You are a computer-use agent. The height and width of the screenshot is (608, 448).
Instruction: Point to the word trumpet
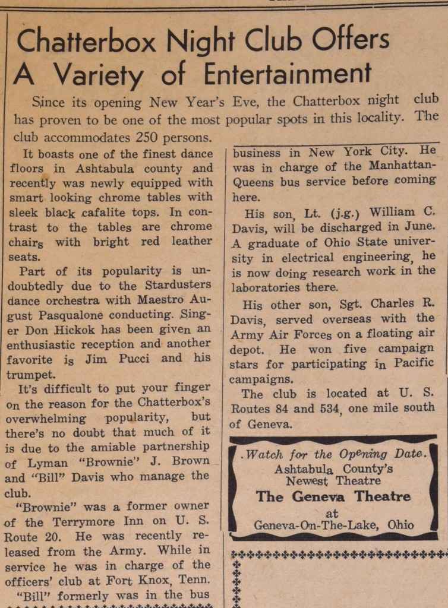pyautogui.click(x=30, y=374)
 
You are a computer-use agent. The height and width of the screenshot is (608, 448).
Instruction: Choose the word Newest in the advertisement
pyautogui.click(x=307, y=480)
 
